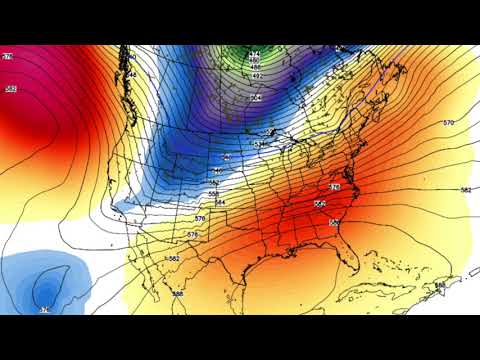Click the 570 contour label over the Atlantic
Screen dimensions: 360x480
(448, 122)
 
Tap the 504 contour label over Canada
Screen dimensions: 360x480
(257, 98)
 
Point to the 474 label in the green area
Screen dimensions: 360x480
(254, 53)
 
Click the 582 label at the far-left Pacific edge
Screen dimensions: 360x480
(11, 90)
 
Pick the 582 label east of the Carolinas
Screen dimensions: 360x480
(466, 189)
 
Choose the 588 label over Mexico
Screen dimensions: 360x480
(177, 293)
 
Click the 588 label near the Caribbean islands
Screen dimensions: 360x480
(440, 286)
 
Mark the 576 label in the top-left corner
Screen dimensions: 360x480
(7, 58)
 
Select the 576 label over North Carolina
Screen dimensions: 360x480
(335, 187)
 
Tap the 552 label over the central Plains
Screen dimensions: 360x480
(216, 171)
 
